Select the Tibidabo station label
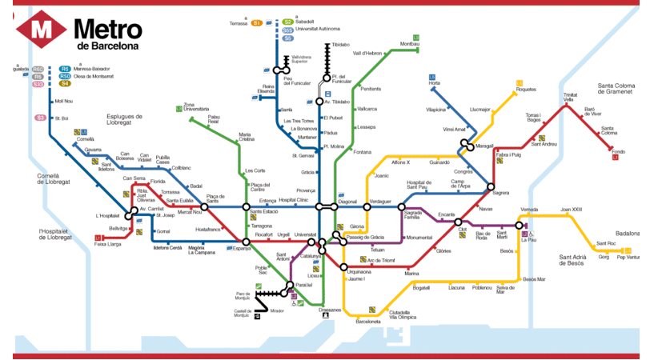[341, 45]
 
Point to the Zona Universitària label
[195, 107]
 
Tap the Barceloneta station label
[367, 321]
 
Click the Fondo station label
[617, 151]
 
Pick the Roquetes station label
[526, 90]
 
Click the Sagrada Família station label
[412, 214]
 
